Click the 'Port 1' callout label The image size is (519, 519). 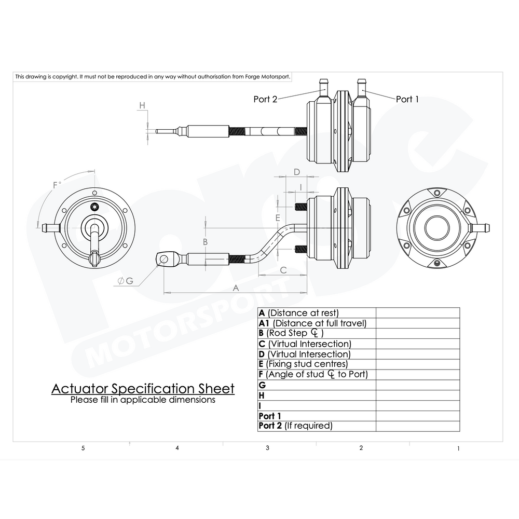(407, 99)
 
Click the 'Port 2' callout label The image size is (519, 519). (265, 99)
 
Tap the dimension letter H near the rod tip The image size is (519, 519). (142, 105)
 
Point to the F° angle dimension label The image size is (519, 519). (57, 185)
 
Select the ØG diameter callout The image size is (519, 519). (125, 281)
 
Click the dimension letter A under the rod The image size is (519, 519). (236, 288)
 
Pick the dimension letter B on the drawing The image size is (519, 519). (205, 242)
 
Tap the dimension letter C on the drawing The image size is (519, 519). (283, 269)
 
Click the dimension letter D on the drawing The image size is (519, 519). (297, 172)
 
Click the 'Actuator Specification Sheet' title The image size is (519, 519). (143, 389)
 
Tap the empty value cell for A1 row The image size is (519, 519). (417, 323)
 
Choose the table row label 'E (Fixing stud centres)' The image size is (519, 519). (303, 364)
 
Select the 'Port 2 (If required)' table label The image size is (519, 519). (295, 426)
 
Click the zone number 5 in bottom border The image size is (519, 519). (83, 448)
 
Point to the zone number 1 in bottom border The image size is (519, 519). (458, 448)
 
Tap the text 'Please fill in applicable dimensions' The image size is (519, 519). (143, 400)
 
